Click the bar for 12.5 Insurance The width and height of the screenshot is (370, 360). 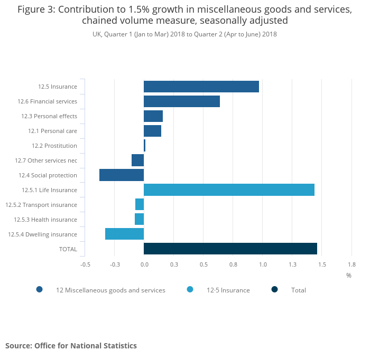coord(201,87)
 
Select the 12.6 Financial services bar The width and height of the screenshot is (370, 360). coord(182,101)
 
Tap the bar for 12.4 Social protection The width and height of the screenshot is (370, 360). coord(122,175)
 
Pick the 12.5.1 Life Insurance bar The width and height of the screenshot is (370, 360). coord(229,190)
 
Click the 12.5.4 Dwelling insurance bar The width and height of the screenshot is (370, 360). coord(124,234)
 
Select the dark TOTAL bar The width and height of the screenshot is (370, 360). coord(230,249)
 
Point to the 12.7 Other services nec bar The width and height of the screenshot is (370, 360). coord(137,160)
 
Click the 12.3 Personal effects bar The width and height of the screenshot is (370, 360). coord(153,116)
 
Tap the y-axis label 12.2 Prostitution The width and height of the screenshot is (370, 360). coord(54,146)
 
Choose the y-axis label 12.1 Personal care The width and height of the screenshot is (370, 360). coord(52,131)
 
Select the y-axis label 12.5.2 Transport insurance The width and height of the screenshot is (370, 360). coord(41,205)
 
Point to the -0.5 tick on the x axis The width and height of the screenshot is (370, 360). coord(85,264)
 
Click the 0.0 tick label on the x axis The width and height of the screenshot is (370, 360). coord(144,264)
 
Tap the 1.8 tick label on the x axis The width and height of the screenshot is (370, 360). coord(351,264)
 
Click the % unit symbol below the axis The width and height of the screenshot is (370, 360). coord(349,275)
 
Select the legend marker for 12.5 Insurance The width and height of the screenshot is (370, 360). coord(190,289)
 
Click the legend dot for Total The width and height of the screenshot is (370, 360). coord(275,289)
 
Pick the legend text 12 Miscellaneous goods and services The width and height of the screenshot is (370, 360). coord(110,290)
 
